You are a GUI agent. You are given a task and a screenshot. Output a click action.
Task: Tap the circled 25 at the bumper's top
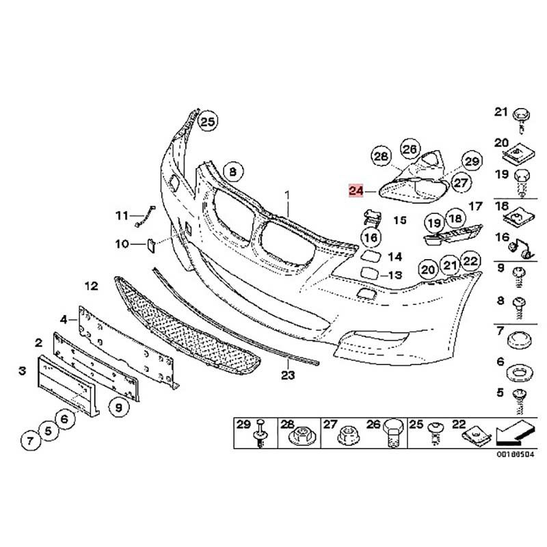pos(208,122)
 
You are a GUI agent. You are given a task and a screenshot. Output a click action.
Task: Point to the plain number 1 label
pos(289,195)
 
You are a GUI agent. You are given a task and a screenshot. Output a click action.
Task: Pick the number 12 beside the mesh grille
pos(92,285)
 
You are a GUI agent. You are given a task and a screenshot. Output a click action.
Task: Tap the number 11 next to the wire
pos(122,216)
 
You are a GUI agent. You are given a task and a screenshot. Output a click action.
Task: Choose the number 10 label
pos(122,243)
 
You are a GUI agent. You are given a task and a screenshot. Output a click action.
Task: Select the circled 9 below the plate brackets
pos(118,408)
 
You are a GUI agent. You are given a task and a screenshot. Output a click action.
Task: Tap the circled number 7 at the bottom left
pos(30,442)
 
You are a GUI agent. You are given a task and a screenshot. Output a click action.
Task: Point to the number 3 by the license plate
pos(23,371)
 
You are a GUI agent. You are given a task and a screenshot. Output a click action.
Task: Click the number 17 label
pos(476,206)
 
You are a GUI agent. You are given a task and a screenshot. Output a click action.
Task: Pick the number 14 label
pos(395,257)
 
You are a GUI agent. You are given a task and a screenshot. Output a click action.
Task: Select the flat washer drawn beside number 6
pos(520,374)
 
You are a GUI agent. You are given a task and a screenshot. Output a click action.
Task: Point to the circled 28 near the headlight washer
pos(380,156)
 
